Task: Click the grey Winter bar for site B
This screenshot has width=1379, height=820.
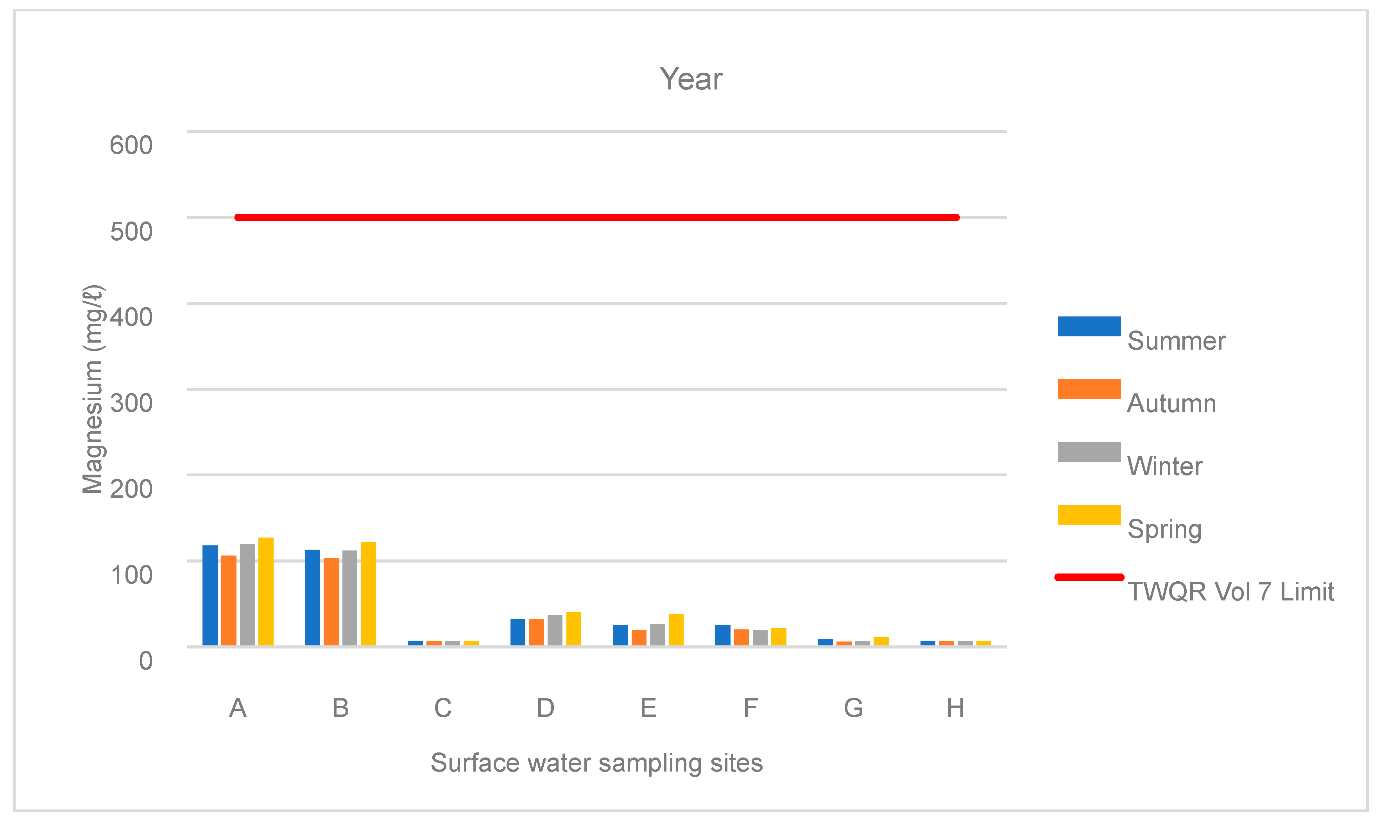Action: [350, 598]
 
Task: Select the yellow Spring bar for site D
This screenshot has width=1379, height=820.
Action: [574, 629]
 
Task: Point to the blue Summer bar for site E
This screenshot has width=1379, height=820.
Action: [620, 636]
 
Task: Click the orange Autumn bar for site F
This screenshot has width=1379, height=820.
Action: [741, 638]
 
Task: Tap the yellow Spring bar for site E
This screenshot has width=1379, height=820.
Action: [676, 630]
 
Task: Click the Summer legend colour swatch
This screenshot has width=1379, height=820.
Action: [1089, 326]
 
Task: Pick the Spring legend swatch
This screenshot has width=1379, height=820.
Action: [1089, 515]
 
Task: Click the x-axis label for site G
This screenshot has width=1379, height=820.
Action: [853, 708]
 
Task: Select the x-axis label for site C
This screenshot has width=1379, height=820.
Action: [443, 708]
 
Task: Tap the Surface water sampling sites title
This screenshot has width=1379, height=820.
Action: [596, 763]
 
